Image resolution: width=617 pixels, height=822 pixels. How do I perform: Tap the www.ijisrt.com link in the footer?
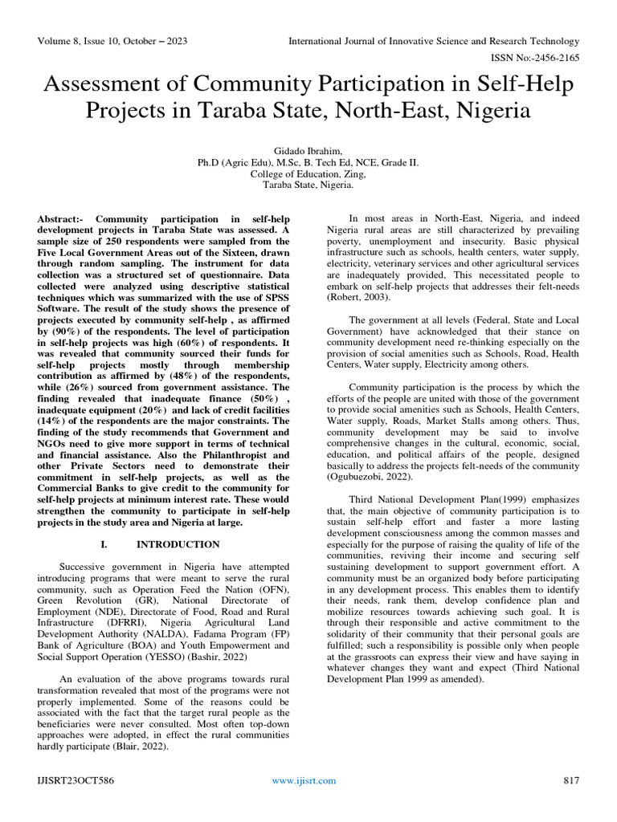coord(304,781)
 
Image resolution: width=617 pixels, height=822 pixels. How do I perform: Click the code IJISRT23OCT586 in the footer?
coord(72,781)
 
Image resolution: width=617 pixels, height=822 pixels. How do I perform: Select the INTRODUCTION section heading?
coord(178,544)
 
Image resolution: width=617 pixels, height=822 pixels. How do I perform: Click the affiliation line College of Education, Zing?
coord(308,173)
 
